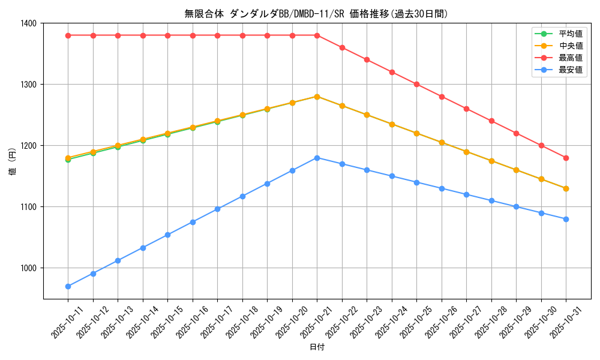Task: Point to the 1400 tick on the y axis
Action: [29, 23]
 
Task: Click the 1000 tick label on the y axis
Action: [29, 268]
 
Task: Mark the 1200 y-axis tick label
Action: [29, 146]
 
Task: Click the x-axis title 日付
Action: [317, 347]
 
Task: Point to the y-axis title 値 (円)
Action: [12, 161]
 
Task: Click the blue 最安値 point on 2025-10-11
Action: [68, 286]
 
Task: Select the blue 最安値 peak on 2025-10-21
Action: [317, 158]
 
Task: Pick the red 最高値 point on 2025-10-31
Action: [566, 158]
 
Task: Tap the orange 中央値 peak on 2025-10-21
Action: [317, 97]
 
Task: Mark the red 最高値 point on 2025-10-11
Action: [68, 35]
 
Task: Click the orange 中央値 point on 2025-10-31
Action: [566, 188]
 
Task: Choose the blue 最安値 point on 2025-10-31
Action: [566, 219]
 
